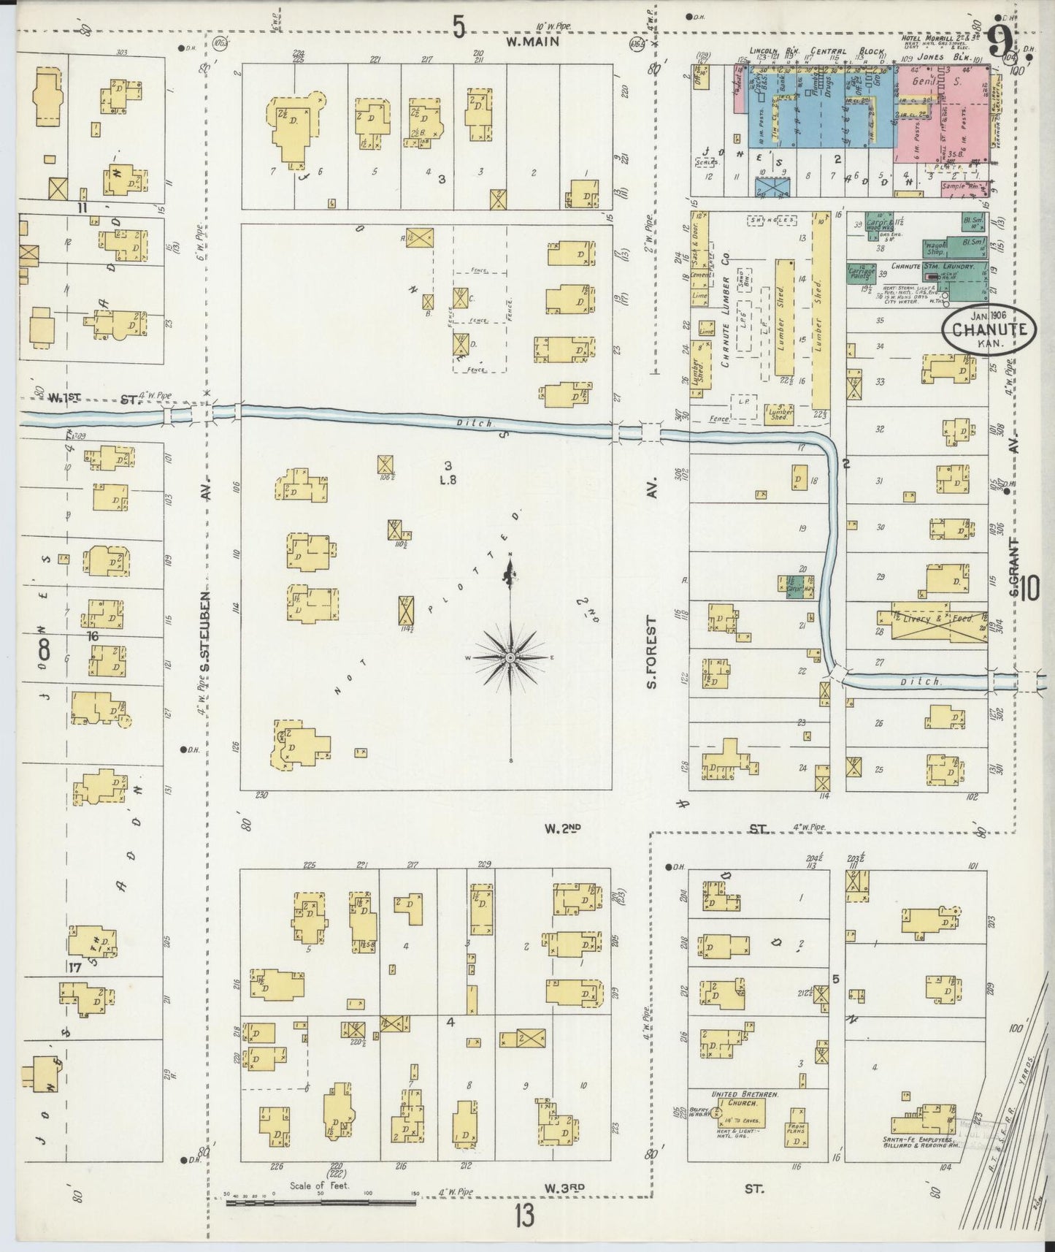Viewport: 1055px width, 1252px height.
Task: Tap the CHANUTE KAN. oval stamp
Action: (x=989, y=329)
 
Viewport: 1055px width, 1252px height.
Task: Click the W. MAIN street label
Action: (x=532, y=42)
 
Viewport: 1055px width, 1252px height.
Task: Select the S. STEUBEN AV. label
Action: (x=206, y=632)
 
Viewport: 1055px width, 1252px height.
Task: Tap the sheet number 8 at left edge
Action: (x=45, y=647)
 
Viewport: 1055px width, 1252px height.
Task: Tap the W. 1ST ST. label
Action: (x=95, y=398)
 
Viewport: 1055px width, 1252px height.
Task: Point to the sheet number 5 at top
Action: (x=459, y=28)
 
